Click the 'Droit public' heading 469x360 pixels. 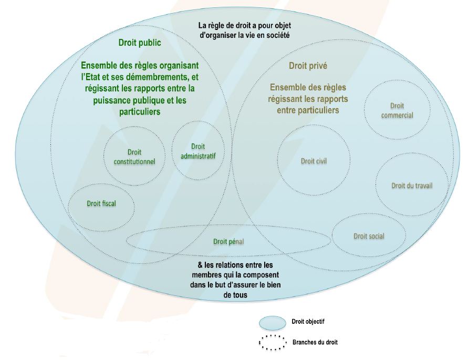pyautogui.click(x=140, y=43)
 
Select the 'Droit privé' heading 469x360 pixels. pyautogui.click(x=308, y=66)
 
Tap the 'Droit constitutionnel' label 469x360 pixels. pyautogui.click(x=134, y=157)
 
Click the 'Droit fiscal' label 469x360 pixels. pyautogui.click(x=101, y=203)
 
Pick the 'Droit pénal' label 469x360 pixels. pyautogui.click(x=228, y=241)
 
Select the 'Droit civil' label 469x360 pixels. pyautogui.click(x=314, y=161)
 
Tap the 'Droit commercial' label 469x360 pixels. pyautogui.click(x=397, y=111)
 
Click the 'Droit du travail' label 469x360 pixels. pyautogui.click(x=412, y=186)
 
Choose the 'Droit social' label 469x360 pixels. pyautogui.click(x=369, y=236)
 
